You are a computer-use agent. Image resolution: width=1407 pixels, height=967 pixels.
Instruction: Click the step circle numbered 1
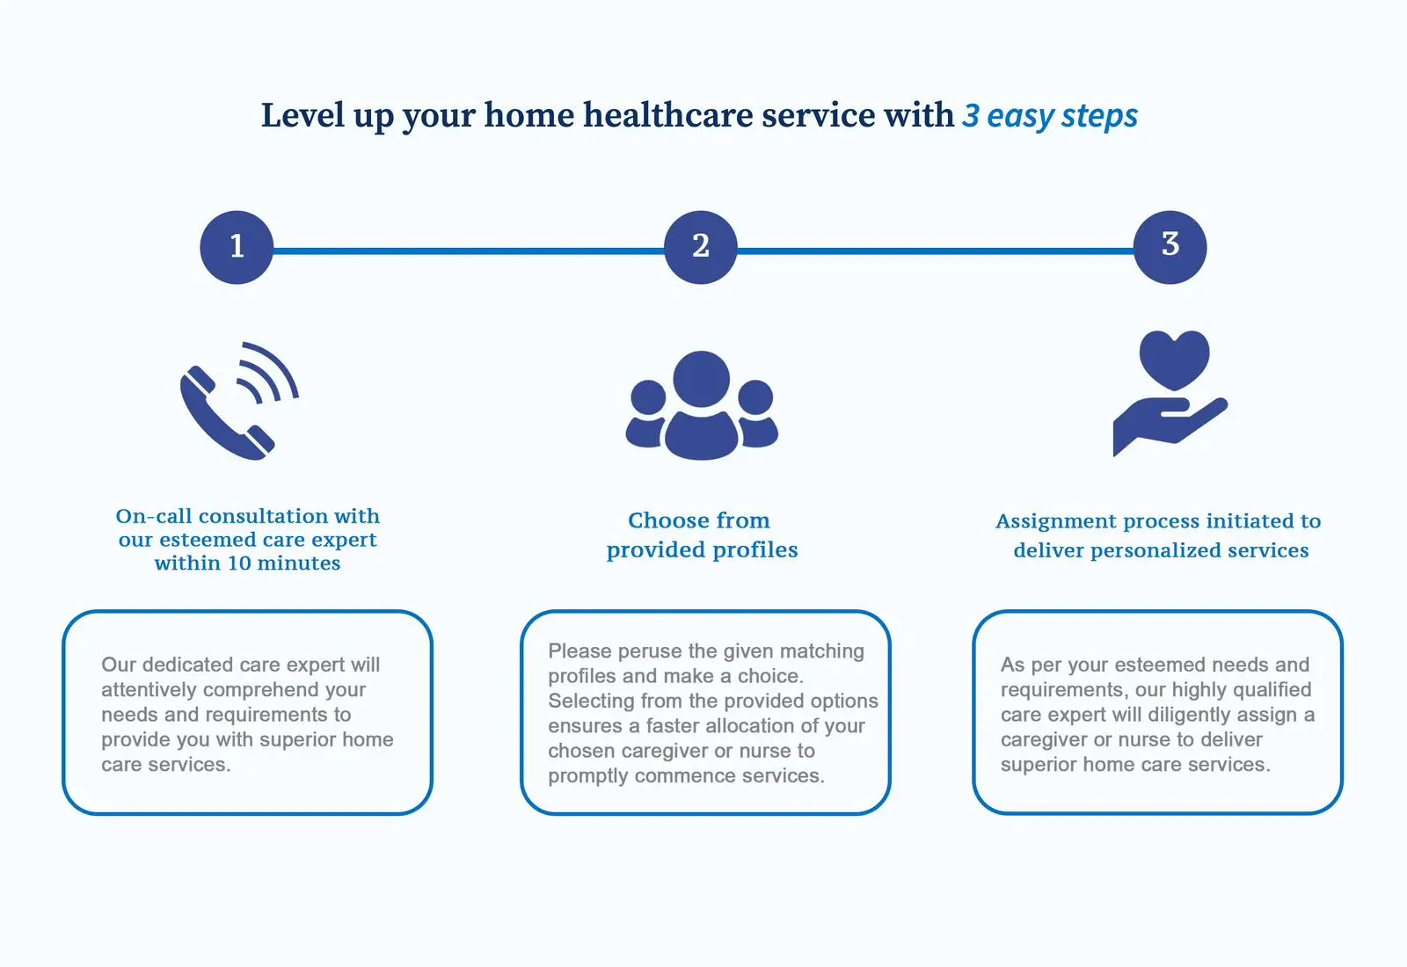click(x=237, y=247)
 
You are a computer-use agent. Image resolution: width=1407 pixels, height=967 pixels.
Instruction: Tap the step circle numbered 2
click(x=700, y=247)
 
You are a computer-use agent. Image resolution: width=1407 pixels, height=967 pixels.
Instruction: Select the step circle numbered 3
click(x=1170, y=247)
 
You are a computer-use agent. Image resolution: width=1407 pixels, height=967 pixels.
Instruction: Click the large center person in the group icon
click(x=702, y=405)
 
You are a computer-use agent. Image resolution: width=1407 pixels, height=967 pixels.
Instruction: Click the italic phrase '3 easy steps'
click(x=1050, y=116)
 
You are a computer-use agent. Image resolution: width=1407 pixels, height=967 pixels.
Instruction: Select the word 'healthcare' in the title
click(x=668, y=115)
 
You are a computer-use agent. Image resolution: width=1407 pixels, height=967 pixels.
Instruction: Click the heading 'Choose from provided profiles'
click(x=702, y=535)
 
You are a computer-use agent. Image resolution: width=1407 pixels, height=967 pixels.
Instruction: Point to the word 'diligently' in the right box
click(x=1179, y=716)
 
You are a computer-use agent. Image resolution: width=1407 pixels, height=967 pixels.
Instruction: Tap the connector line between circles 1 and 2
click(x=469, y=251)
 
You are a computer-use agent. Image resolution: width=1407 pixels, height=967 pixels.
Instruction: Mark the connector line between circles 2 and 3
click(x=936, y=251)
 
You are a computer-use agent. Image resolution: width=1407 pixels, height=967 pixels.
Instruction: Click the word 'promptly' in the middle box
click(x=588, y=777)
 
